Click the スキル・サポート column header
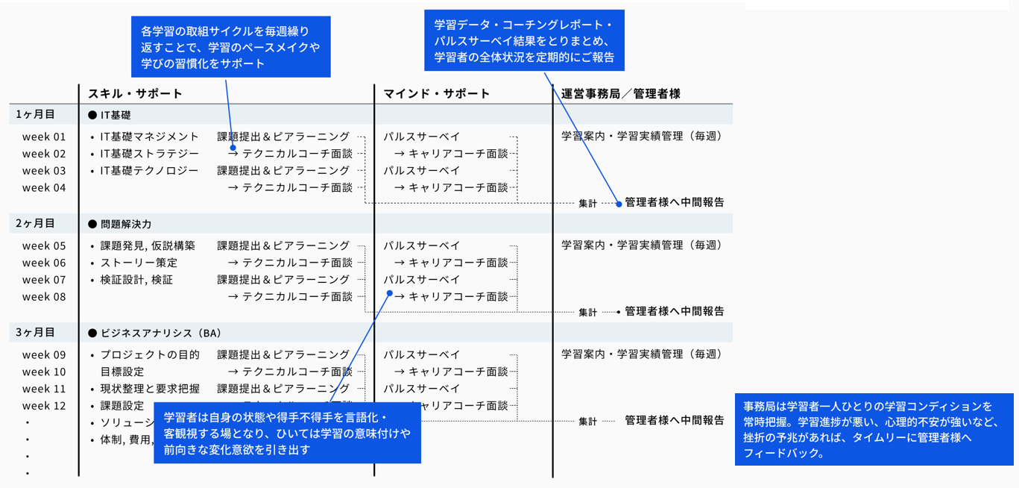(x=135, y=94)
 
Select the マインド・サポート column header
(x=437, y=94)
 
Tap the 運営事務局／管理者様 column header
(x=620, y=94)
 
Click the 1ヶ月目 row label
(x=36, y=115)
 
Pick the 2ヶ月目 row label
(x=36, y=224)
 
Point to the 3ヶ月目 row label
(x=36, y=333)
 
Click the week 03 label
(x=44, y=171)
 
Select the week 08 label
(x=44, y=297)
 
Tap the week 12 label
(x=44, y=406)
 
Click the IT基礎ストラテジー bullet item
(x=149, y=154)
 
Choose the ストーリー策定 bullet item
(x=139, y=263)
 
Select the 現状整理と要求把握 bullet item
(x=150, y=389)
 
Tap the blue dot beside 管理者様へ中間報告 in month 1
(x=619, y=203)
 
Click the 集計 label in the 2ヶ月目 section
(x=588, y=313)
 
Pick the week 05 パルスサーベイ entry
(x=422, y=245)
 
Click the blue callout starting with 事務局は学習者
(x=874, y=429)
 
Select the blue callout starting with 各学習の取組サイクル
(x=230, y=47)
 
